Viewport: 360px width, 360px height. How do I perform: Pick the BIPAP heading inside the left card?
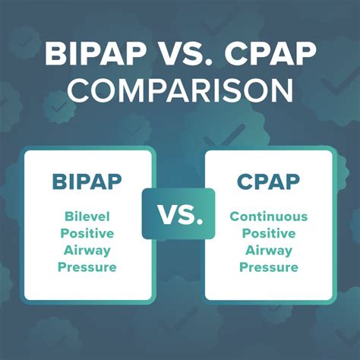coord(88,182)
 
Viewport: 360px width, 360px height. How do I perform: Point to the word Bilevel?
coord(88,217)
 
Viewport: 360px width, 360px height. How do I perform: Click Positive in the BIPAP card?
coord(88,234)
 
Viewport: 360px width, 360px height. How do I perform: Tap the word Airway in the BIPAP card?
coord(88,251)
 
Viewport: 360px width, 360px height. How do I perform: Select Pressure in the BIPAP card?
coord(88,267)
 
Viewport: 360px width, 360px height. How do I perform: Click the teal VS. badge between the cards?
coord(179,214)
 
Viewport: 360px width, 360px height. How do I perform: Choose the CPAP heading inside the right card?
coord(269,182)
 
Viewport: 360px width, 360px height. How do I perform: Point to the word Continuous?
coord(269,217)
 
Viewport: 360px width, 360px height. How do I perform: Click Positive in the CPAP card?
coord(269,234)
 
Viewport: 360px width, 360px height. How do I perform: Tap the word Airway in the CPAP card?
coord(269,251)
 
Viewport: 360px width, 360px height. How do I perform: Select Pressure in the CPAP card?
coord(269,267)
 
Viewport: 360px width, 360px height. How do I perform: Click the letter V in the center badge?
coord(166,214)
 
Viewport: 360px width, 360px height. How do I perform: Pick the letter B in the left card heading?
coord(59,182)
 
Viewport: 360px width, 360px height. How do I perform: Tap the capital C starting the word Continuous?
coord(235,217)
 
